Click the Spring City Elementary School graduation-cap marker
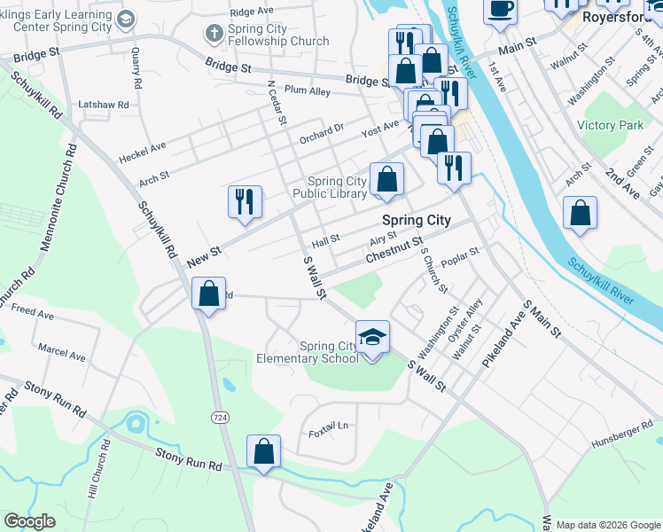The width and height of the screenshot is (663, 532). (372, 338)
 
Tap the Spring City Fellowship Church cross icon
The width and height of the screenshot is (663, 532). (213, 34)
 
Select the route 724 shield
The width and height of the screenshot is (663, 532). (220, 417)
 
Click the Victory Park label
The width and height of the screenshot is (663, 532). (610, 126)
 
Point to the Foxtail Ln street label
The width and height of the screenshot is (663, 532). (329, 431)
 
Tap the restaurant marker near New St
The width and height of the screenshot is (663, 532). (245, 201)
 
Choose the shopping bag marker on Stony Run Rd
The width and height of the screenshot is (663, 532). (263, 451)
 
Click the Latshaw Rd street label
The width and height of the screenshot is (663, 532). (104, 105)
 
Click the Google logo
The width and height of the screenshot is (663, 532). (29, 521)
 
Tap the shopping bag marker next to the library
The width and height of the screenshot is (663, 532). (386, 180)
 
